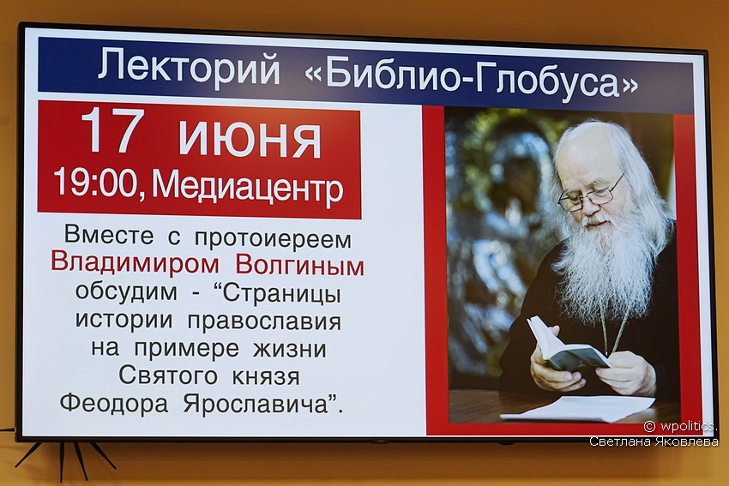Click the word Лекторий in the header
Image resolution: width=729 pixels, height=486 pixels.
(189, 68)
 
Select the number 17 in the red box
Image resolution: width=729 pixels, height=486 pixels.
(112, 130)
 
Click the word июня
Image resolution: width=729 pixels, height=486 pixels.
(250, 139)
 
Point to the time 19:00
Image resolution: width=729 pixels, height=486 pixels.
(95, 183)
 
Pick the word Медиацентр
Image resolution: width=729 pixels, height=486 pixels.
(247, 187)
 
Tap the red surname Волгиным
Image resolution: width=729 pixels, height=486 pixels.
(300, 266)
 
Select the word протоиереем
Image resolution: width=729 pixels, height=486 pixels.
(274, 239)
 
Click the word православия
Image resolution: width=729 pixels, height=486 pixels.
(264, 322)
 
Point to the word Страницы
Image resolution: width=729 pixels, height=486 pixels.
(282, 294)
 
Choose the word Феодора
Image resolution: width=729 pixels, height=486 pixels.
(114, 403)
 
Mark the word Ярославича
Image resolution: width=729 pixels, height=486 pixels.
(256, 404)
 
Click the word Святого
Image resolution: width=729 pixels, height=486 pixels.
(168, 375)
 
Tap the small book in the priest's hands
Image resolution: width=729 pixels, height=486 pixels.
(566, 345)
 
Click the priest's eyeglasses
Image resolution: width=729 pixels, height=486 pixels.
(590, 195)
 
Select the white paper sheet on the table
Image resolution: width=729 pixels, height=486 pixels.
(578, 408)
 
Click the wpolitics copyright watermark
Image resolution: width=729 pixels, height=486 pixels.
(680, 426)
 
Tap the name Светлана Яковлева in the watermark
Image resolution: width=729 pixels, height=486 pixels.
(654, 441)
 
